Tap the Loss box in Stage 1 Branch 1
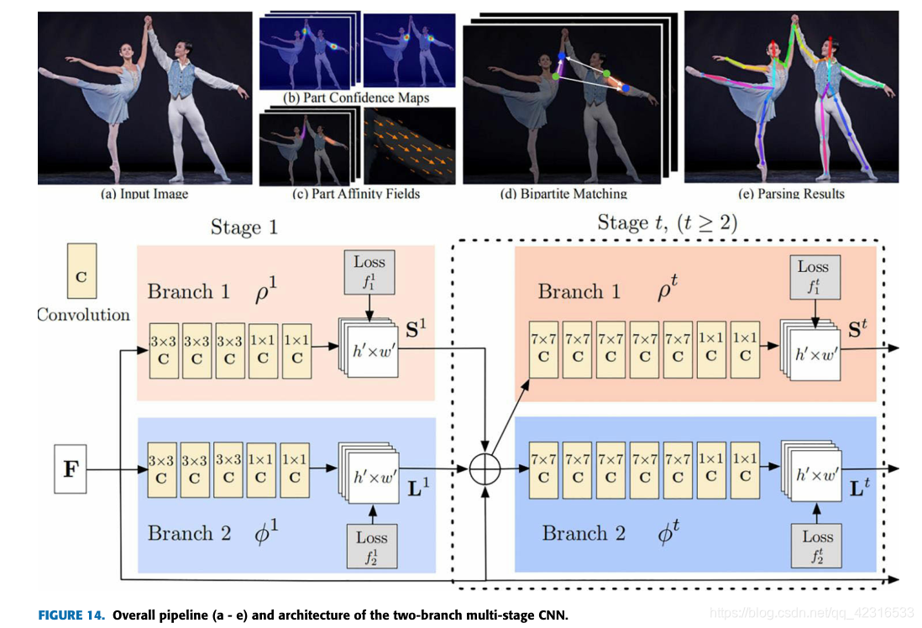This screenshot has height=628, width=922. coord(369,270)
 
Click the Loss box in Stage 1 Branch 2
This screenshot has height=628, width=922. coord(371,546)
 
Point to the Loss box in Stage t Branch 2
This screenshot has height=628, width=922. coord(817,545)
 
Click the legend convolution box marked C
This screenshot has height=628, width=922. coord(81,271)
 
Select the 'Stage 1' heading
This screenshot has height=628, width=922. coord(244,228)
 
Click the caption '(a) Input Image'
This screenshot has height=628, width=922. coord(144,195)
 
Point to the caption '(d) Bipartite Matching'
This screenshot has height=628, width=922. coord(563,194)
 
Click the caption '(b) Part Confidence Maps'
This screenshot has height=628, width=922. coord(356,98)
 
